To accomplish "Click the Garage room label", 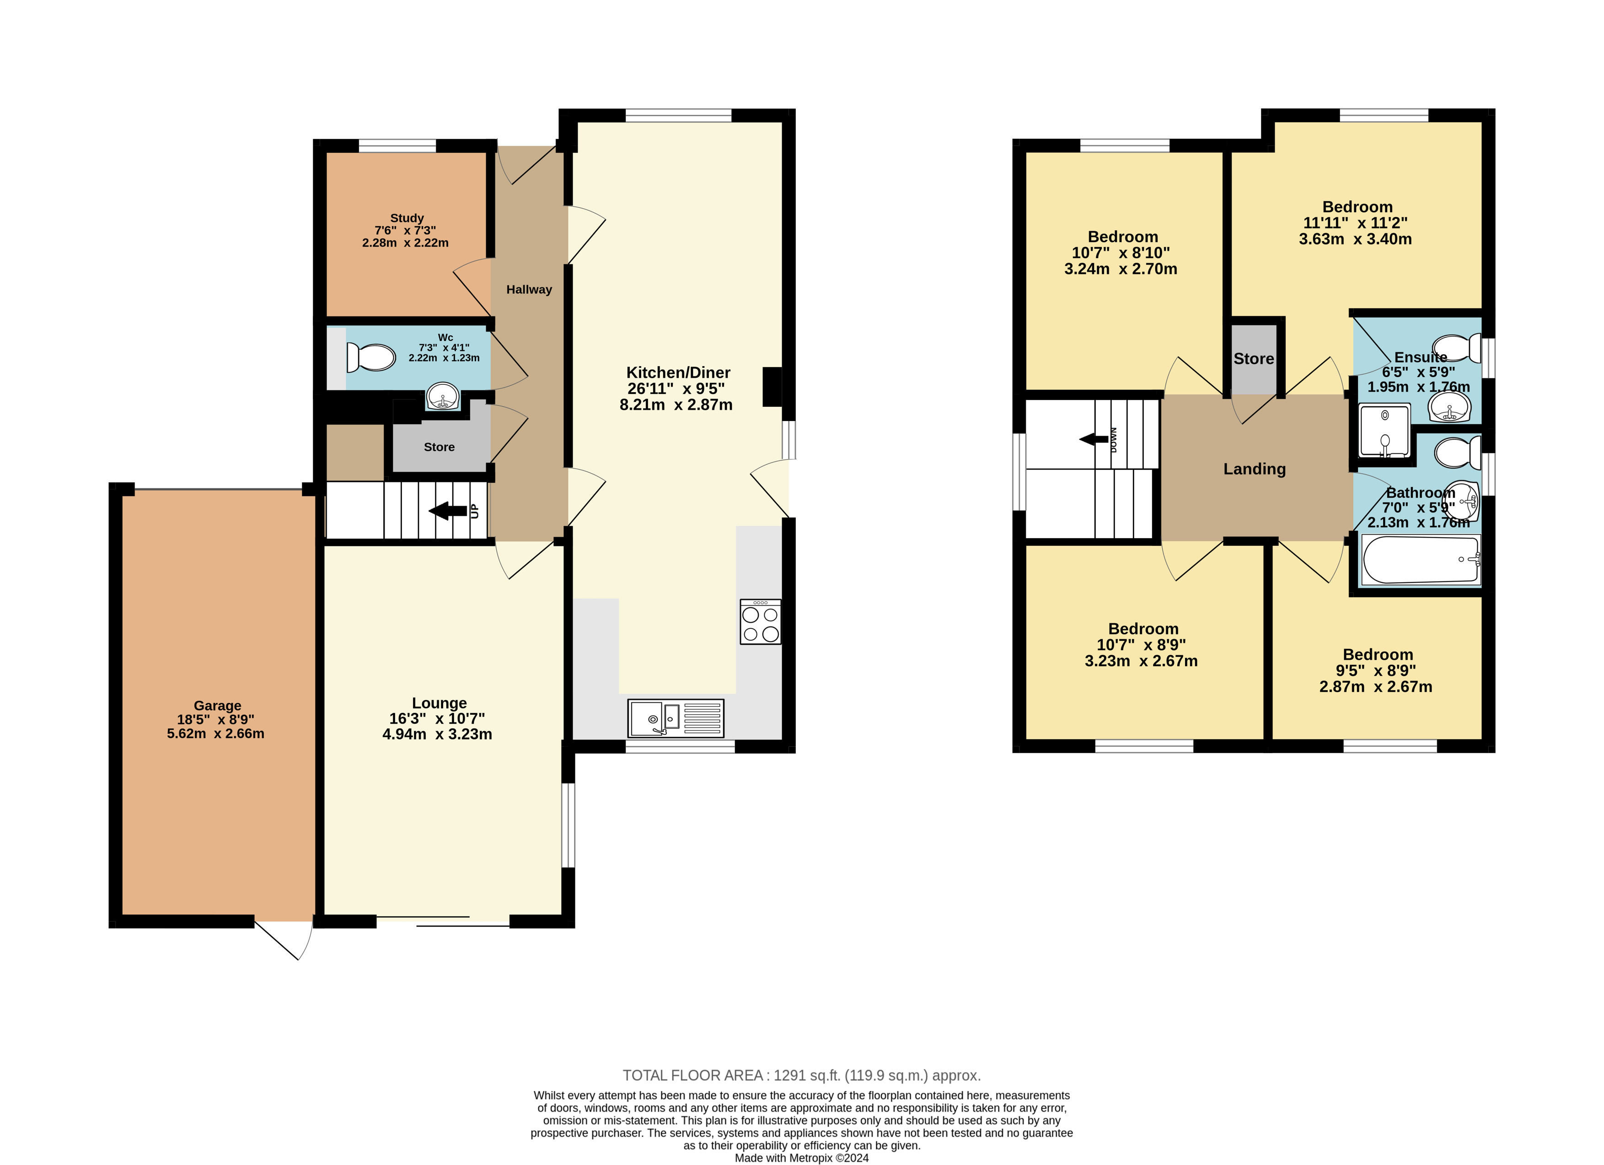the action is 217,705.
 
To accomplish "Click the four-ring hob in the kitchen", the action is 760,622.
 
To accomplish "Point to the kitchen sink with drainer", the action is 676,718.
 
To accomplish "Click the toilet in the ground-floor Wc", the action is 370,358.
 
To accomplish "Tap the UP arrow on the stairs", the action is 448,511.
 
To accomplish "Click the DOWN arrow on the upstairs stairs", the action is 1094,439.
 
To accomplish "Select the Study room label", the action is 407,218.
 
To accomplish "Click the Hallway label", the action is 529,289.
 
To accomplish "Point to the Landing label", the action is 1255,469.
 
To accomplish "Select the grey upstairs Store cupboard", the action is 1254,359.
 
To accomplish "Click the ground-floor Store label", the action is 439,447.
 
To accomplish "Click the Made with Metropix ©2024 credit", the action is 801,1158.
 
